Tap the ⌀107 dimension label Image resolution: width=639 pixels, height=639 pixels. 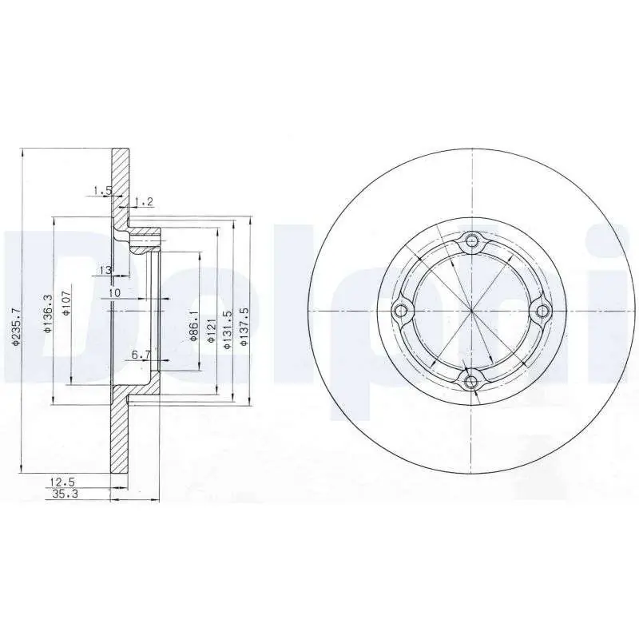[x=67, y=303]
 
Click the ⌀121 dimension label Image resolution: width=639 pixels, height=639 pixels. [x=211, y=328]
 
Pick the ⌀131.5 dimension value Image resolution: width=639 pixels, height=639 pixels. [x=228, y=329]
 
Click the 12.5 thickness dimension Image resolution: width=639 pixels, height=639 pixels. [x=62, y=482]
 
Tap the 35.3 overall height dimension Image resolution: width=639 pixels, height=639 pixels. [x=65, y=494]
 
